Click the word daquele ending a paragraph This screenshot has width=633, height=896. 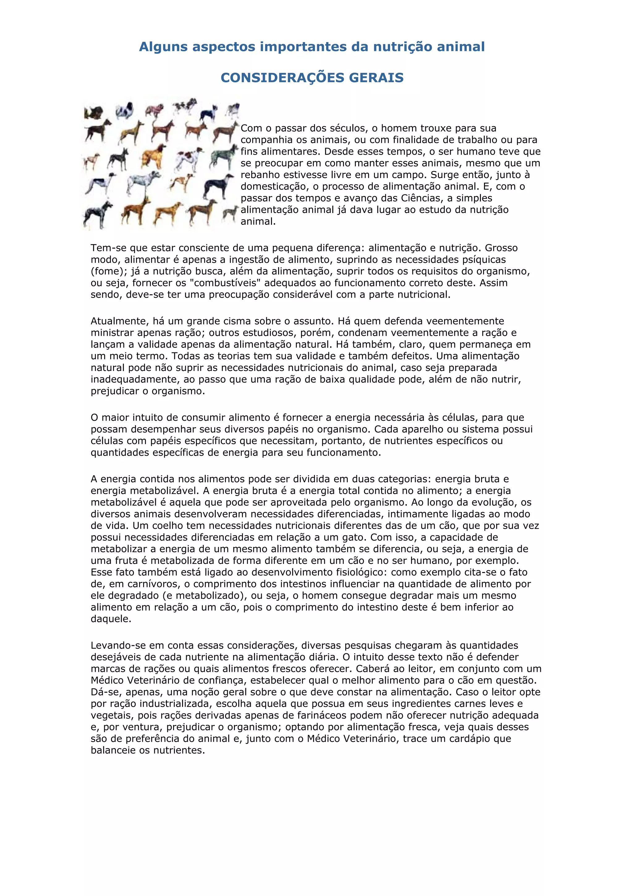[x=111, y=619]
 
